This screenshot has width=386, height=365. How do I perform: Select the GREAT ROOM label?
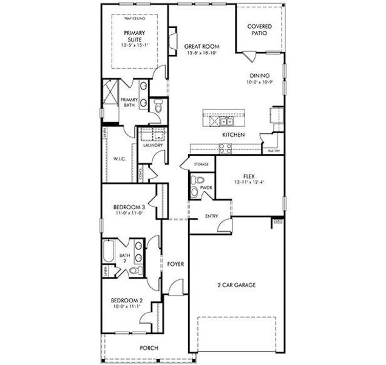202,47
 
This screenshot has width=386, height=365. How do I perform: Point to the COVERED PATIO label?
260,30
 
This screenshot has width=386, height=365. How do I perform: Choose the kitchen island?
224,116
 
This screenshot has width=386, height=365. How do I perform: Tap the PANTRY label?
274,150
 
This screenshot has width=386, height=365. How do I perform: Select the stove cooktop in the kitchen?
225,147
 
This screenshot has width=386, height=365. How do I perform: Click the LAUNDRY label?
152,145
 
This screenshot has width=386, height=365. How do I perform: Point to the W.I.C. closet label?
120,159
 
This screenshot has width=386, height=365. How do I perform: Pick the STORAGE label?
201,164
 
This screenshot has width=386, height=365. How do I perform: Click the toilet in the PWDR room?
194,192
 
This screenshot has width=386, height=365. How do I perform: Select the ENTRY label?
212,216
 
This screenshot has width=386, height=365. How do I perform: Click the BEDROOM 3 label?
129,207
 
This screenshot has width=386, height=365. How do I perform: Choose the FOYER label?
175,263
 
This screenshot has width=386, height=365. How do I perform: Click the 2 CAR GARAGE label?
236,285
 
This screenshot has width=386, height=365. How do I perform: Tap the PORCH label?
149,347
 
